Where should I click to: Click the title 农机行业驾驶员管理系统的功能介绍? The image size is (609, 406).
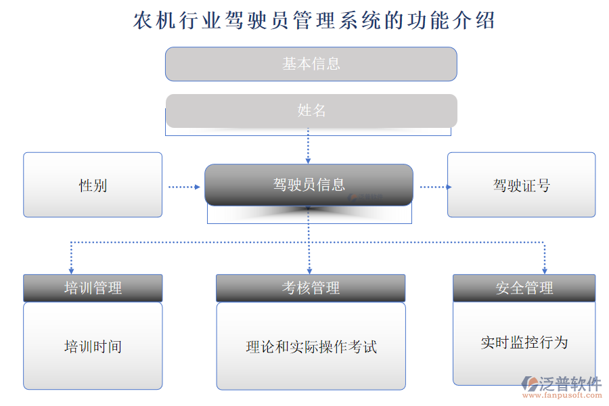click(315, 20)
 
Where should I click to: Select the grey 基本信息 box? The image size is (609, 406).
click(311, 64)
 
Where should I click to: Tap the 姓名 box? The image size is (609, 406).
click(311, 110)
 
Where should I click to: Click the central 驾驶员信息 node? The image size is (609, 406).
click(309, 185)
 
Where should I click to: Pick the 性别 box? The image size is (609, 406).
click(93, 185)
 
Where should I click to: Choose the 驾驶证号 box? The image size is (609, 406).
click(522, 185)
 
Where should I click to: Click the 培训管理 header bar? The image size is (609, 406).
click(93, 288)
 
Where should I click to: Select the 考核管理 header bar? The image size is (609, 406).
click(311, 288)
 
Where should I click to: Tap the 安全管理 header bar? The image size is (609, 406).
click(524, 288)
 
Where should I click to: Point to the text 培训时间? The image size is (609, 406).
click(93, 346)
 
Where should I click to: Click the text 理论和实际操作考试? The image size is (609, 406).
click(311, 347)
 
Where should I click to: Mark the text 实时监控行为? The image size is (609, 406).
click(524, 342)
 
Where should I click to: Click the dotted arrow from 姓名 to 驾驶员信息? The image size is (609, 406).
click(309, 145)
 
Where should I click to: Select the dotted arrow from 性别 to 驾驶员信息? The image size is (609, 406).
click(184, 186)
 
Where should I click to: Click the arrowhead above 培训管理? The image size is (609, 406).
click(71, 269)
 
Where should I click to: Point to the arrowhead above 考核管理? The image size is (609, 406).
click(309, 269)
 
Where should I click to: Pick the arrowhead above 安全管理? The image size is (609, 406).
click(544, 269)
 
